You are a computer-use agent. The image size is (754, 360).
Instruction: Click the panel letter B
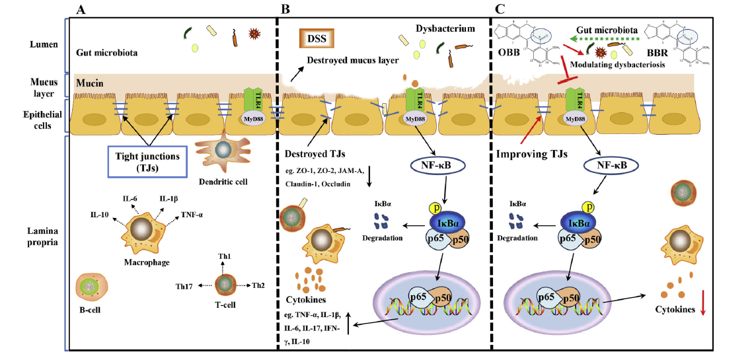pos(285,9)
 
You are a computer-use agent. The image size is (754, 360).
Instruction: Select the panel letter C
pos(500,9)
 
